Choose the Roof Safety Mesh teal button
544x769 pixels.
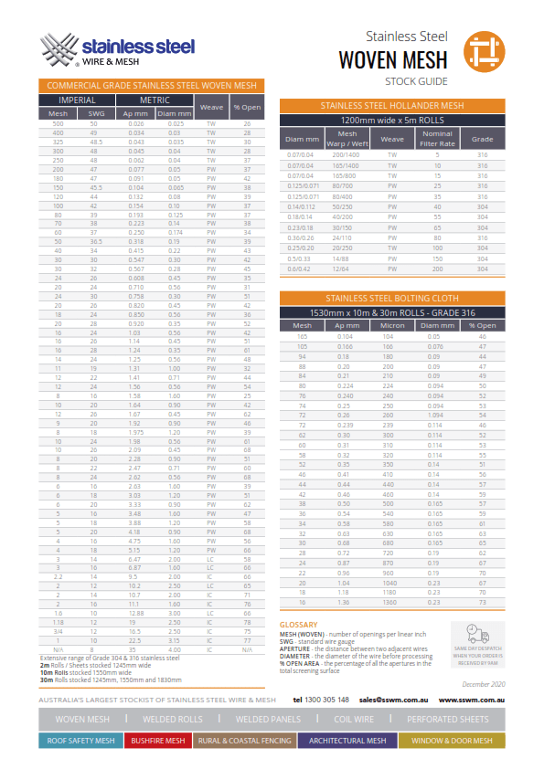coord(80,742)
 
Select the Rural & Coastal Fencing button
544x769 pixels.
coord(242,742)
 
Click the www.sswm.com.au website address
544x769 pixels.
coord(472,700)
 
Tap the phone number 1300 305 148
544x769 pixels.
coord(321,700)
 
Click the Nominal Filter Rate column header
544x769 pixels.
coord(437,139)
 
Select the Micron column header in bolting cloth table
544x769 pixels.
coord(392,325)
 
